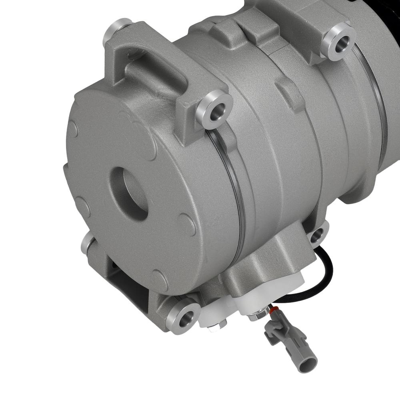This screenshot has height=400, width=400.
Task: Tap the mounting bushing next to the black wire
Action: tap(319, 233)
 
